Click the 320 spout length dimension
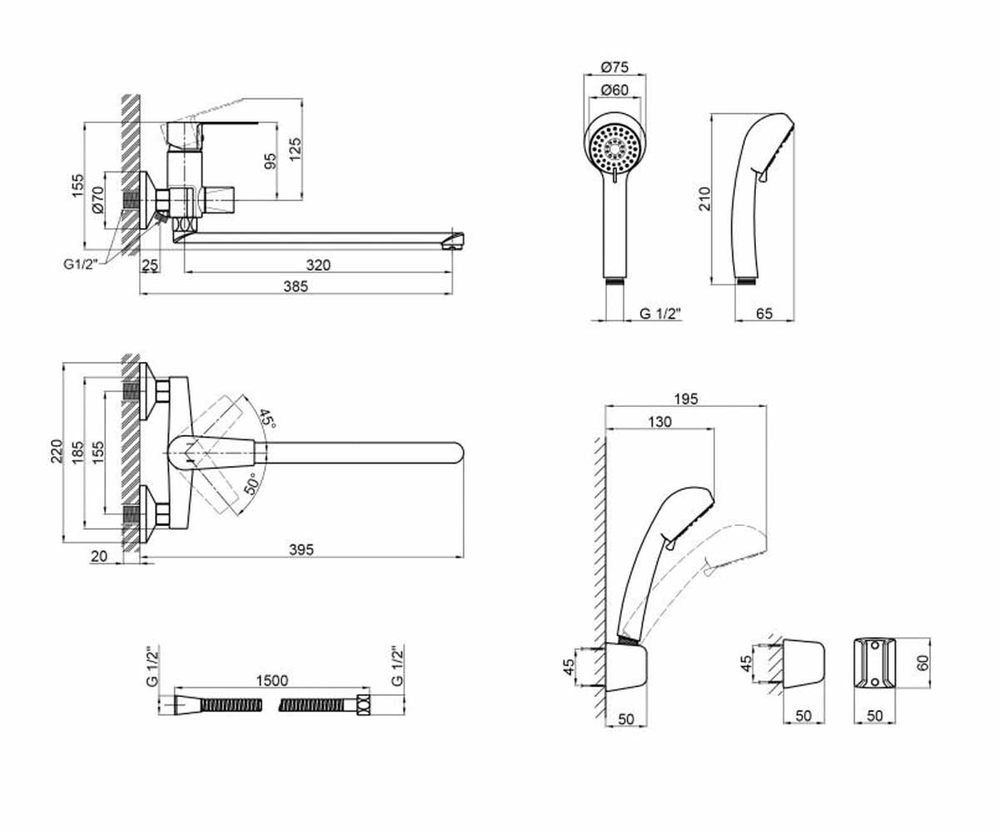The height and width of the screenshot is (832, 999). click(318, 265)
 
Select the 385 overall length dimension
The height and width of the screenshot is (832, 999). click(296, 286)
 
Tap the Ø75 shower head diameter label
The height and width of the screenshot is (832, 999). click(614, 67)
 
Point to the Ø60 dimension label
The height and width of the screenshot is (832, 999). click(614, 90)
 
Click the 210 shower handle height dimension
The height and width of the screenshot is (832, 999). click(705, 199)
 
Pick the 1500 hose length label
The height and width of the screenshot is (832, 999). click(271, 681)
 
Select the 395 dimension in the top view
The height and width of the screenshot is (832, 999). click(301, 550)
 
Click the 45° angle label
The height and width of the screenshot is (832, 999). click(266, 418)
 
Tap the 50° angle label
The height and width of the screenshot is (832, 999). click(252, 483)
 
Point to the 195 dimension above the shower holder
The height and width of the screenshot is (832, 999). click(686, 399)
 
